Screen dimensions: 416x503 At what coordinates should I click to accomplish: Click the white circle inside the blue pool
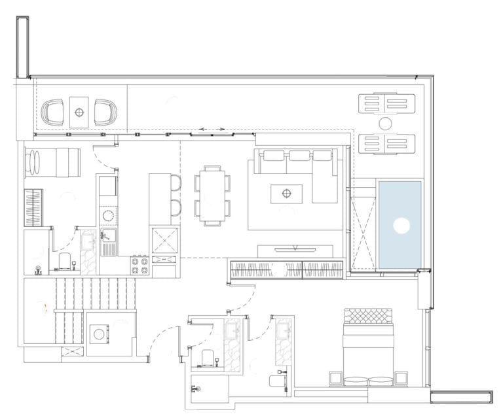pyautogui.click(x=400, y=226)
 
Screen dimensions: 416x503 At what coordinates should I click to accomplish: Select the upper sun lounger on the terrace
pyautogui.click(x=387, y=104)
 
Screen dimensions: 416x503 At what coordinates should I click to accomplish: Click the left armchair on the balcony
pyautogui.click(x=54, y=112)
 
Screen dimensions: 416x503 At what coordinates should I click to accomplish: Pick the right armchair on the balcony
pyautogui.click(x=105, y=112)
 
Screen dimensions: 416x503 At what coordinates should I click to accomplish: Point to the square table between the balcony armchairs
pyautogui.click(x=79, y=112)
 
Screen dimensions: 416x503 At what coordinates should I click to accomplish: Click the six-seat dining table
pyautogui.click(x=212, y=196)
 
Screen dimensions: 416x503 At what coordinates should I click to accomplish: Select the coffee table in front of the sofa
pyautogui.click(x=286, y=193)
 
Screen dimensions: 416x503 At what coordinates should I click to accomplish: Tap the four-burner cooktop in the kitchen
pyautogui.click(x=140, y=264)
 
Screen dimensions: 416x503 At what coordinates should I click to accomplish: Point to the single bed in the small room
pyautogui.click(x=52, y=162)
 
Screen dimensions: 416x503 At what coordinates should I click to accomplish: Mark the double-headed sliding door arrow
pyautogui.click(x=214, y=130)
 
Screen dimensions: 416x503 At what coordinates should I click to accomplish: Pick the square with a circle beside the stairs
pyautogui.click(x=99, y=334)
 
